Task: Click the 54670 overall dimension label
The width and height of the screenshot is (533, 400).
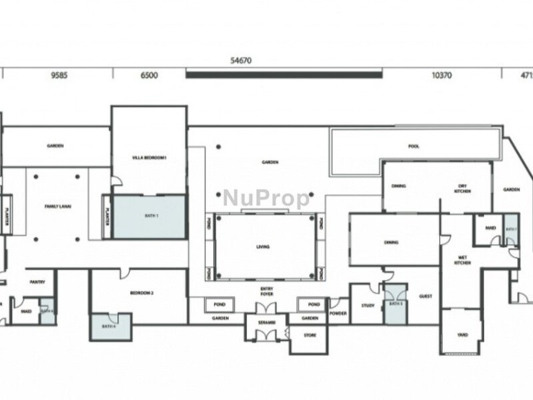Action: tap(241, 60)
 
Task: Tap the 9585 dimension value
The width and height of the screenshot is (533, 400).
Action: tap(59, 75)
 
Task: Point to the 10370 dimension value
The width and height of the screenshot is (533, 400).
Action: tap(442, 75)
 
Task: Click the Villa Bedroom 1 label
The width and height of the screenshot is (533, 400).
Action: tap(149, 157)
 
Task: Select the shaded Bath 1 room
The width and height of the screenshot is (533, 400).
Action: tap(149, 217)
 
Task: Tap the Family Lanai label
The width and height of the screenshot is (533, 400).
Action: tap(58, 207)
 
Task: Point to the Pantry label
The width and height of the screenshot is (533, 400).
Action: tap(37, 282)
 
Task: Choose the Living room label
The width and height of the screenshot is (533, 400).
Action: tap(263, 247)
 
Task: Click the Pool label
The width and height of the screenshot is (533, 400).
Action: tap(414, 147)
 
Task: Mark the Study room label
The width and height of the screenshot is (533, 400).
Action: tap(367, 305)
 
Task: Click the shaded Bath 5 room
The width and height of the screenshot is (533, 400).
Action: tap(396, 305)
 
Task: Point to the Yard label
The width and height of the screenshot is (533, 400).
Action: tap(462, 335)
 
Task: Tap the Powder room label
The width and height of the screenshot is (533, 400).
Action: tap(338, 313)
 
